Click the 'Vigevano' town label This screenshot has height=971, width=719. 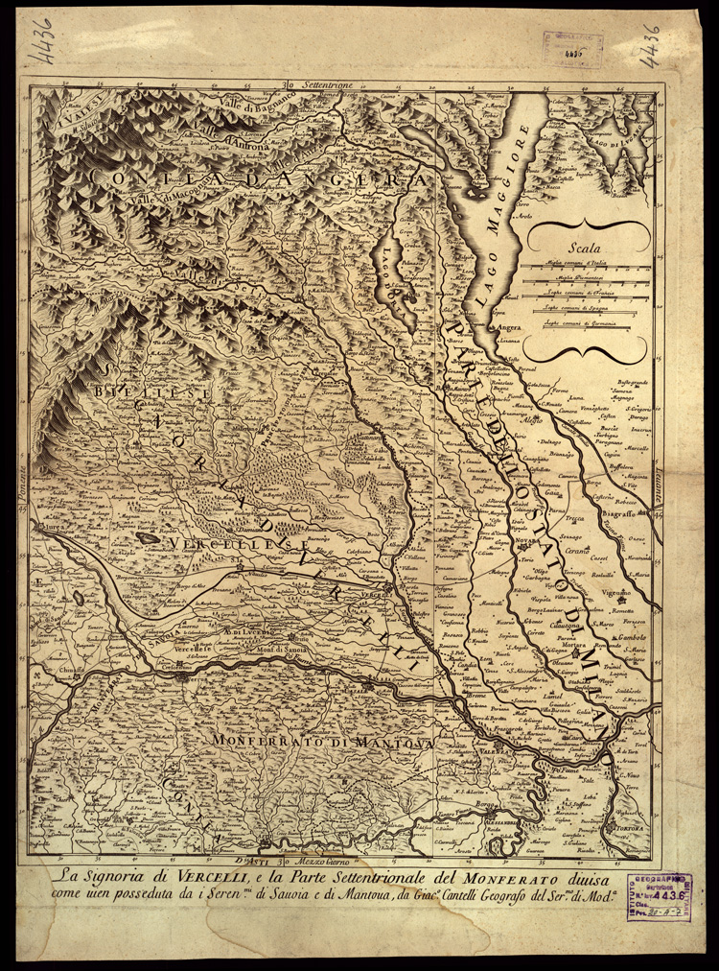tap(614, 592)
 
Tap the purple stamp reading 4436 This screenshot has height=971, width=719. tap(660, 897)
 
